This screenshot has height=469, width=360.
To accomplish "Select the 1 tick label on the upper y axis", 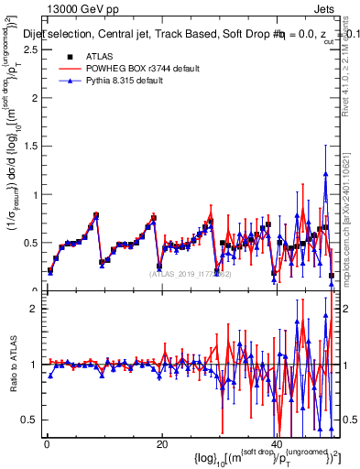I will click(x=36, y=195).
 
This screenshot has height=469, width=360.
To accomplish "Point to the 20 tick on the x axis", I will click(x=161, y=443).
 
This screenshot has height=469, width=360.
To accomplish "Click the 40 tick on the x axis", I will click(x=277, y=443).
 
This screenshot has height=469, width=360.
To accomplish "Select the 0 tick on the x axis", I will click(x=47, y=443).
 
